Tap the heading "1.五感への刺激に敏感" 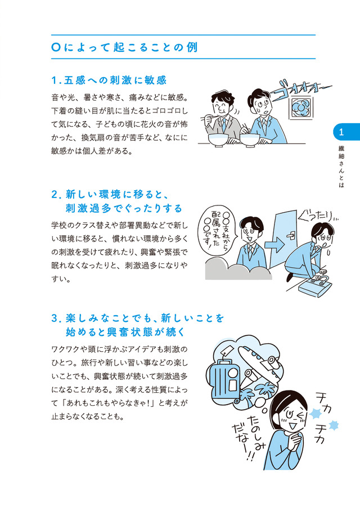[x=109, y=80]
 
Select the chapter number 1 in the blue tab [x=341, y=132]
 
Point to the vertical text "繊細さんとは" [x=341, y=166]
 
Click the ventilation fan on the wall [x=300, y=107]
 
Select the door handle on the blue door [x=291, y=235]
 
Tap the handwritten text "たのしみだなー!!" [x=249, y=437]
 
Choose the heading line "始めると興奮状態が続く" [x=126, y=332]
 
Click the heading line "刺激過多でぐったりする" [x=124, y=208]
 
